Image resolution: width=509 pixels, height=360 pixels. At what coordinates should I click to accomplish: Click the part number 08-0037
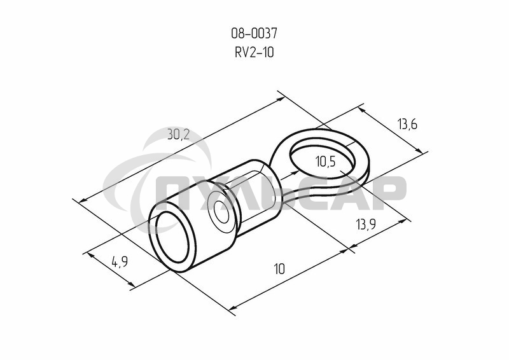tap(254, 33)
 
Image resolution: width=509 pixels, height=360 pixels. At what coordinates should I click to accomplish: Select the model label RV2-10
tap(254, 53)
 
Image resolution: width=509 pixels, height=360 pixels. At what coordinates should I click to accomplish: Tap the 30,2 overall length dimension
tap(179, 134)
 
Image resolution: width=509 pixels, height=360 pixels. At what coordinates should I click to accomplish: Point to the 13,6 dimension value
tap(407, 124)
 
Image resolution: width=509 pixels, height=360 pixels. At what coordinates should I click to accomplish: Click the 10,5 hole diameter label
tap(325, 162)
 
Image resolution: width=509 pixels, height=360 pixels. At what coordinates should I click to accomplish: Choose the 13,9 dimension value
tap(366, 224)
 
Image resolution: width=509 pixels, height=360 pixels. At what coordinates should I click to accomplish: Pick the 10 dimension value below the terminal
tap(279, 269)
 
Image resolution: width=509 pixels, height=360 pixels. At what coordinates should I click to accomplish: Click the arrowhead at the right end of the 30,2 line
tap(280, 98)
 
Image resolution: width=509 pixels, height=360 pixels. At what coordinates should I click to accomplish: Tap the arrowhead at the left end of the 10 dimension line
tap(232, 310)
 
